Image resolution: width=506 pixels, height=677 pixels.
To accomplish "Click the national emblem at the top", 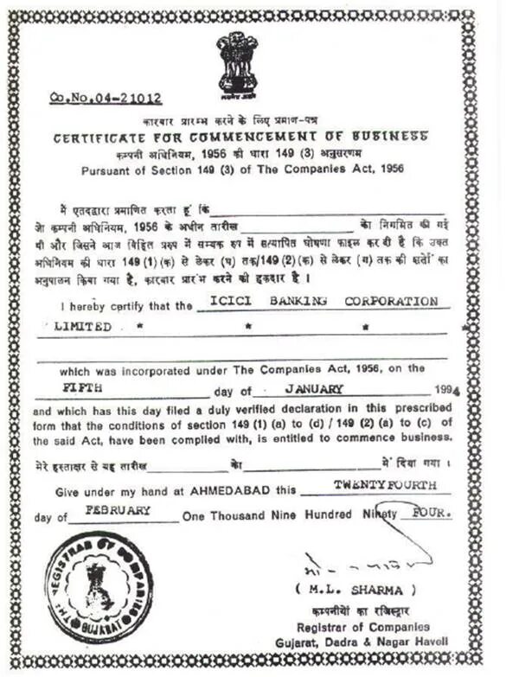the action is [x=237, y=61].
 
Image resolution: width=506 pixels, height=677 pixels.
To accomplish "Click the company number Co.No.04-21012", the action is [x=106, y=99].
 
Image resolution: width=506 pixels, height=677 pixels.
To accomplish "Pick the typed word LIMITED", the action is [x=83, y=327].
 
